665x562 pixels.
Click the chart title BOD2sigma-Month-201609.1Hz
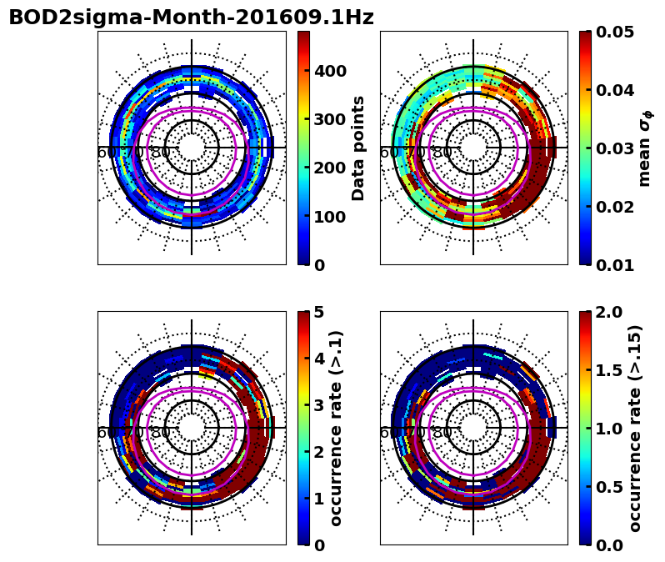pyautogui.click(x=191, y=18)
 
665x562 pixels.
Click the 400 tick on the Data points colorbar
pyautogui.click(x=330, y=71)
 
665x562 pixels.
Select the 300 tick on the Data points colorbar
pyautogui.click(x=330, y=119)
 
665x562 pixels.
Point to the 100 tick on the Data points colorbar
pyautogui.click(x=330, y=217)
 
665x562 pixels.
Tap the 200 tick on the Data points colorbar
pyautogui.click(x=330, y=168)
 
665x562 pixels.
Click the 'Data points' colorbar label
pyautogui.click(x=358, y=148)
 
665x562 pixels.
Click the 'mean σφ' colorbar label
pyautogui.click(x=644, y=148)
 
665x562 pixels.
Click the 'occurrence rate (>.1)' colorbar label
pyautogui.click(x=337, y=428)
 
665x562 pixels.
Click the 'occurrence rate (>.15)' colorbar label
pyautogui.click(x=635, y=428)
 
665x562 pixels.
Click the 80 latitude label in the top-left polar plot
pyautogui.click(x=161, y=153)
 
